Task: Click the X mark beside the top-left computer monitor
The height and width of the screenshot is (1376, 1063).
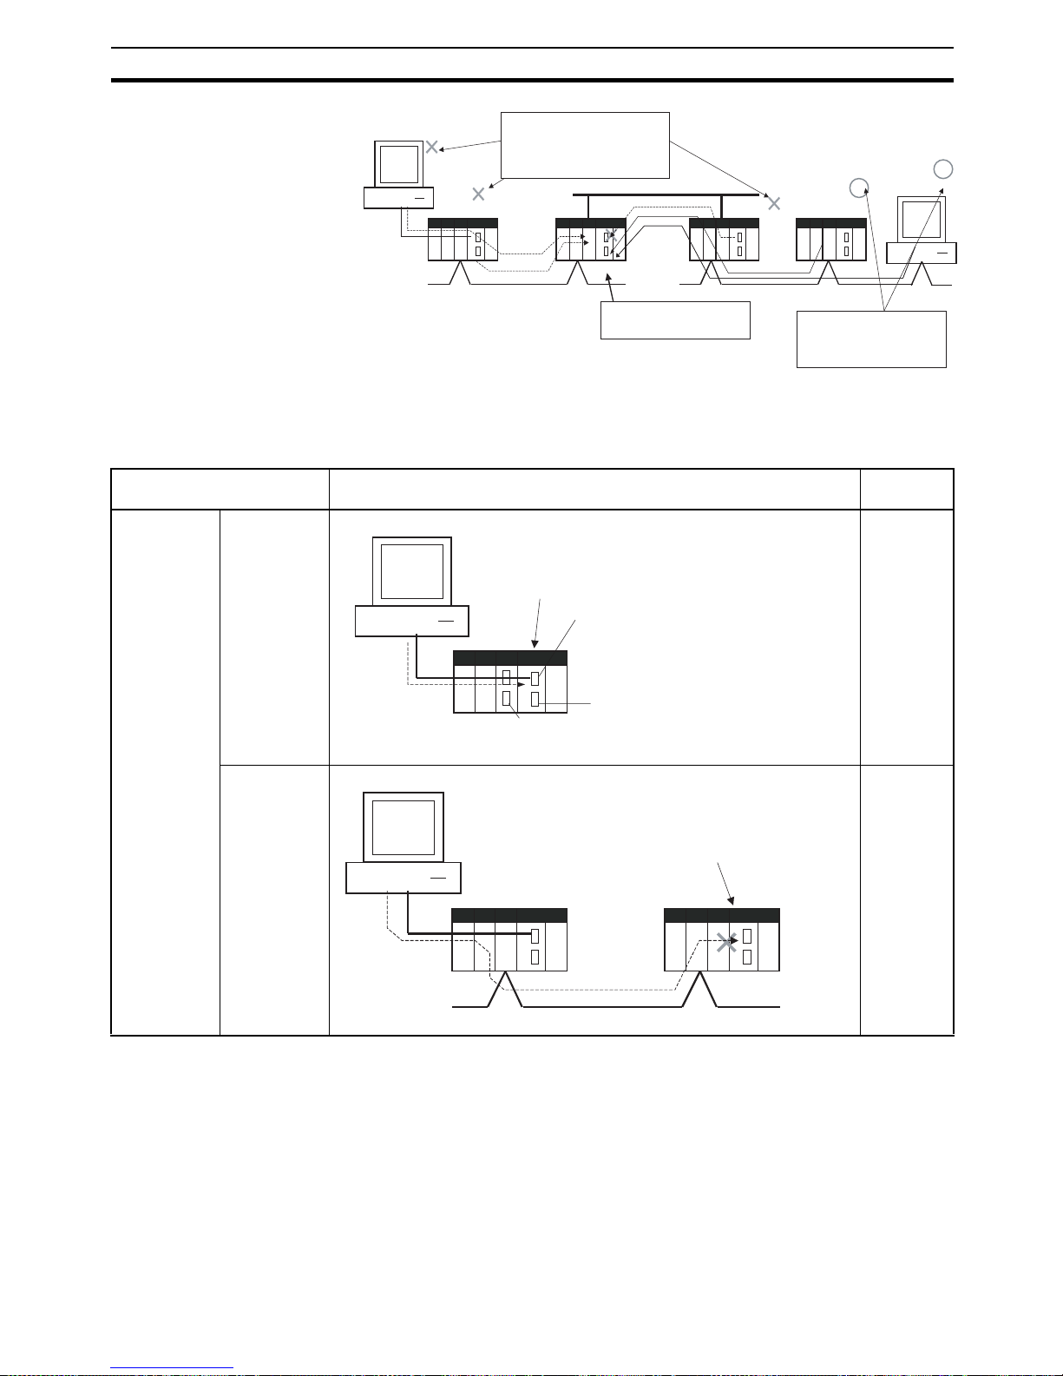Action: click(x=431, y=147)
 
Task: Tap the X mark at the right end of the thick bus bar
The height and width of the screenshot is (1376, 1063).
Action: click(x=775, y=203)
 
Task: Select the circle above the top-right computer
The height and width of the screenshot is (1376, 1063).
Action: click(x=943, y=169)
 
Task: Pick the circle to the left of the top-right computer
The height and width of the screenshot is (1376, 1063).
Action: click(x=858, y=186)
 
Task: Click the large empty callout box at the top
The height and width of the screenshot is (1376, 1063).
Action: click(x=586, y=145)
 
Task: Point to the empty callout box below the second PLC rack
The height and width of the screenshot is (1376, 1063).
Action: click(x=675, y=319)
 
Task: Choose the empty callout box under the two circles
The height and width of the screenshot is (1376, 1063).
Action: click(x=871, y=339)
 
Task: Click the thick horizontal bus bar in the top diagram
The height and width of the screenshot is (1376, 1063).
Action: click(x=659, y=195)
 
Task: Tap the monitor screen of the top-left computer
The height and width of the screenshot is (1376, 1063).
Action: click(x=399, y=163)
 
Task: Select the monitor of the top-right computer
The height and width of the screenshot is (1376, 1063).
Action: click(x=921, y=218)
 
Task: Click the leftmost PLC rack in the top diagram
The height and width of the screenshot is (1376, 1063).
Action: click(x=463, y=240)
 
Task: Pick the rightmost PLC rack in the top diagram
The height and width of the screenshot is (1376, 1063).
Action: click(x=831, y=240)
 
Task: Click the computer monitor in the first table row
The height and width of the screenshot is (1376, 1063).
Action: click(x=412, y=570)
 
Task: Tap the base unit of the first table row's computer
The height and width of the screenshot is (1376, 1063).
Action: click(x=412, y=621)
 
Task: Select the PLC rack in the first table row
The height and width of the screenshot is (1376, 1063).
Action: click(x=510, y=682)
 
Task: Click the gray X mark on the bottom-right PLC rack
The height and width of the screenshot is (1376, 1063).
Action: click(x=727, y=941)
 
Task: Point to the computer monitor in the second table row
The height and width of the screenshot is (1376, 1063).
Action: click(x=404, y=826)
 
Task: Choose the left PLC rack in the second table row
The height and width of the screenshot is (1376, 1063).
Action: click(x=509, y=939)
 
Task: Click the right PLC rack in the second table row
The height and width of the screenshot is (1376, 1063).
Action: click(x=721, y=939)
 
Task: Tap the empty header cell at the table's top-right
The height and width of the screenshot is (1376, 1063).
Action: click(x=906, y=489)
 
